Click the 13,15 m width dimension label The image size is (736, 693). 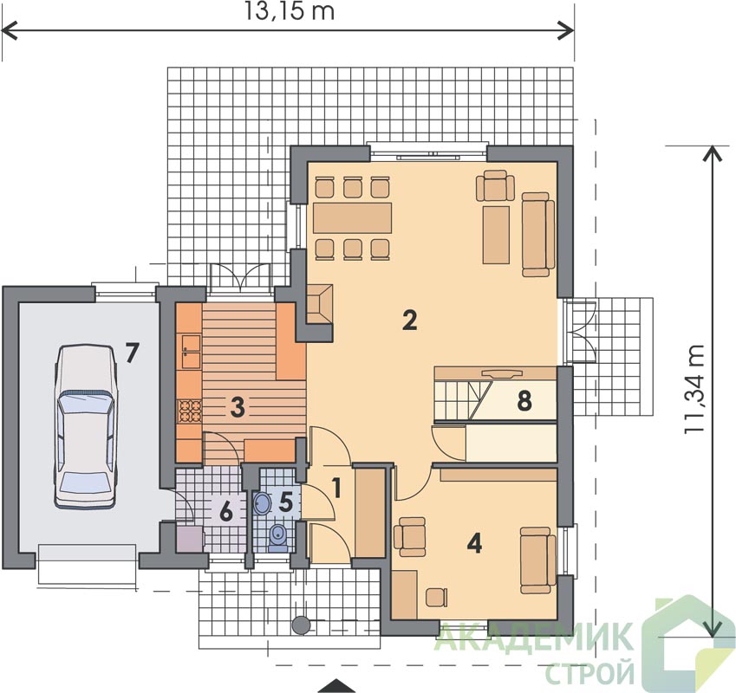point(290,12)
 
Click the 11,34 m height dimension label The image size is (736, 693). point(694,389)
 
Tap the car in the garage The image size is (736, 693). point(85,426)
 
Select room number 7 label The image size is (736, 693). point(132,353)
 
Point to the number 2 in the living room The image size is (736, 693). point(409,321)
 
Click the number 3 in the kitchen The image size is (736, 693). point(238,406)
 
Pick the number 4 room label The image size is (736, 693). point(474,543)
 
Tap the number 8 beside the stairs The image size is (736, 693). point(524,401)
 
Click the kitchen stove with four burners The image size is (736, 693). point(189,411)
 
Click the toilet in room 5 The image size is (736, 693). point(279,538)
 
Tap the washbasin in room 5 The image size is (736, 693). point(262,503)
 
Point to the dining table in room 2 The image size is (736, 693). point(352,217)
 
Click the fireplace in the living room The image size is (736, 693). point(319,304)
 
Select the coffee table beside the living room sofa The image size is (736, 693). point(497,235)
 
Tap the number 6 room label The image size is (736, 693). point(225,512)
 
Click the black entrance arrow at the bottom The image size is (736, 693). point(335,686)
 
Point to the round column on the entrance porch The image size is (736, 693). point(301,625)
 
